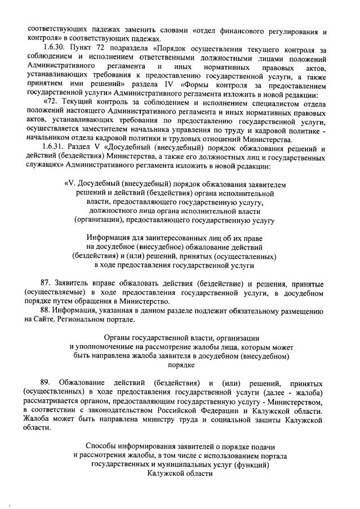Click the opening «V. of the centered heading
point(73,184)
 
